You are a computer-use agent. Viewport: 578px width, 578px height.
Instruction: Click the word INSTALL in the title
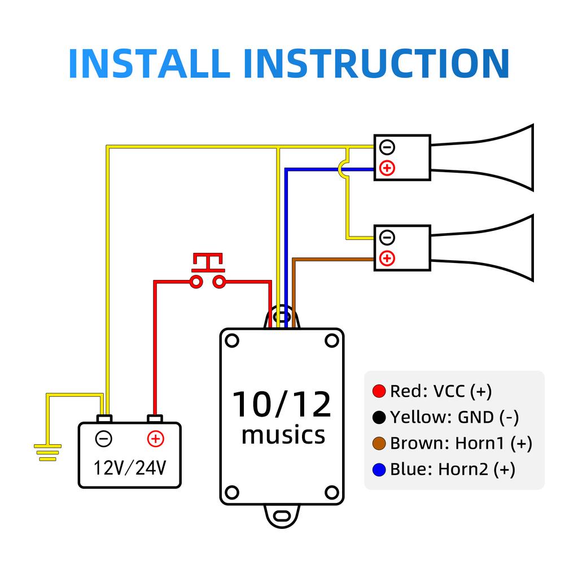(148, 63)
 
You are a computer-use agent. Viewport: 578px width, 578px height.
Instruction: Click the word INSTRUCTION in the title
(376, 63)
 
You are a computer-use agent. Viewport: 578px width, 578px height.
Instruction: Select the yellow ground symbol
(47, 452)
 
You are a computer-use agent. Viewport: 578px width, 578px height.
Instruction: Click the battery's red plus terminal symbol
(155, 439)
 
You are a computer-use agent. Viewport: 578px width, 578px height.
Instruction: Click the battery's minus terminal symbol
(103, 439)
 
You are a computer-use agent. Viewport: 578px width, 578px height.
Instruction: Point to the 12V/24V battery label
(129, 467)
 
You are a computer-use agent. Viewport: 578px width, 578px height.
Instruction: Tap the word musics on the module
(283, 435)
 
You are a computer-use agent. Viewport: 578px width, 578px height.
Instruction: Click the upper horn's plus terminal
(387, 168)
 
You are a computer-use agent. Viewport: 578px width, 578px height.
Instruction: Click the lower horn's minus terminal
(387, 237)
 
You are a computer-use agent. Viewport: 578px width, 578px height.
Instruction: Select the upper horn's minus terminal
(387, 147)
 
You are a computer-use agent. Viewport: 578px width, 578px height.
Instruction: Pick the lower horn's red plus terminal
(387, 259)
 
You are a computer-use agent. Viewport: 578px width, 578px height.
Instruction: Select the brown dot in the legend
(379, 443)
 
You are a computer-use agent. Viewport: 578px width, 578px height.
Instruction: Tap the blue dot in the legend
(379, 469)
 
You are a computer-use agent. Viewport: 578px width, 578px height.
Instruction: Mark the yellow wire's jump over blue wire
(344, 169)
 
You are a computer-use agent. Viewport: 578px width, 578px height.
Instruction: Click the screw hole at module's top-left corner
(232, 340)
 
